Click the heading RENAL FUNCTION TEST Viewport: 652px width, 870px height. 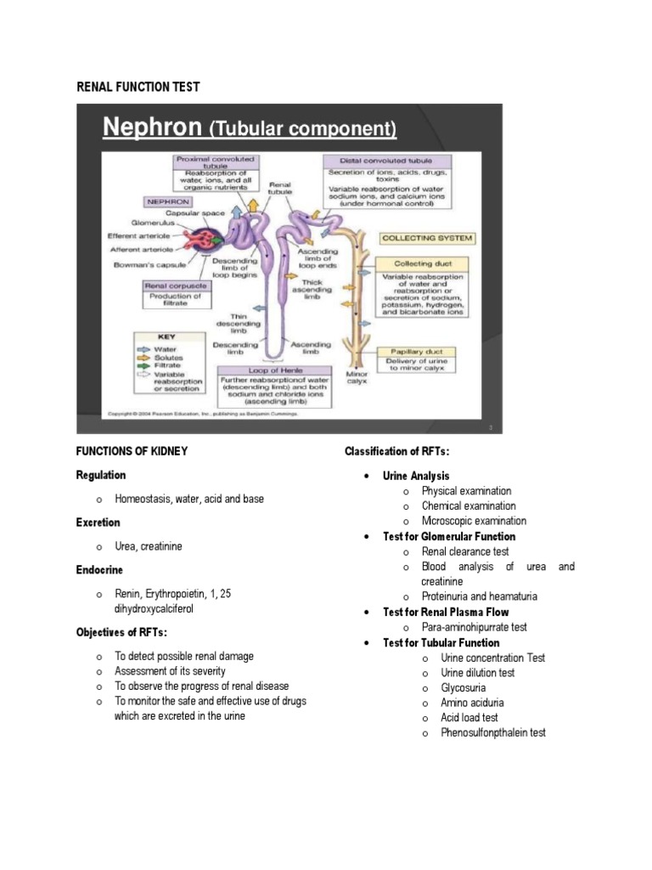(138, 86)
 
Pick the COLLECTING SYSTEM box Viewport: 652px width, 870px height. (427, 238)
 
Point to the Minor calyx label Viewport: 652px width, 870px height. (357, 376)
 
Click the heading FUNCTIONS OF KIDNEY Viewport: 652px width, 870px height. (132, 450)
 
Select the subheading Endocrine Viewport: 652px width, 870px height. (99, 569)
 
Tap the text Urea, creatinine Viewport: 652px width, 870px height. (160, 546)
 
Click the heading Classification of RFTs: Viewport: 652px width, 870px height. (396, 450)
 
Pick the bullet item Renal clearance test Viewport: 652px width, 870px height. (465, 551)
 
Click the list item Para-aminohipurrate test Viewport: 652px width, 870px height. (474, 627)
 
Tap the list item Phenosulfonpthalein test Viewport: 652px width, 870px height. (492, 732)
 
